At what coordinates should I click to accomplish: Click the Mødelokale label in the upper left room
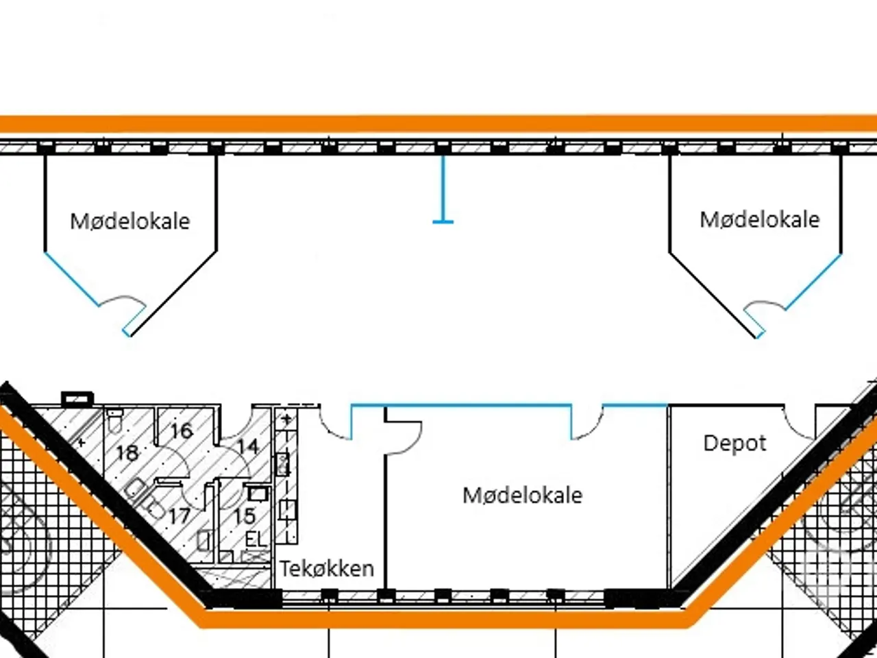tap(130, 221)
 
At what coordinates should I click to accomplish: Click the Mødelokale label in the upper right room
tap(760, 220)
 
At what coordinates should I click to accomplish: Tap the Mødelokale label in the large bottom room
tap(523, 496)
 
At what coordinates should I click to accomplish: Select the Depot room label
tap(734, 443)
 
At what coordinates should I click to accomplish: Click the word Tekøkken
tap(327, 568)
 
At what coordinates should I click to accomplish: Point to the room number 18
tap(127, 453)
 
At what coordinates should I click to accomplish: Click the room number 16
tap(182, 430)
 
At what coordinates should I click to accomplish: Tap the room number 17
tap(179, 516)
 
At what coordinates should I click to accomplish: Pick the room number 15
tap(244, 516)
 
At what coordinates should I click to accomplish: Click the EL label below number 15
tap(256, 539)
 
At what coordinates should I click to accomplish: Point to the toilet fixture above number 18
tap(115, 421)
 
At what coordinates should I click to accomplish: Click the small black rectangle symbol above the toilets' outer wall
tap(77, 398)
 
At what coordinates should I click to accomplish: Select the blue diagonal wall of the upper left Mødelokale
tap(72, 279)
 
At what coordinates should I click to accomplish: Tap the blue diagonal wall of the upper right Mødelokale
tap(813, 282)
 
